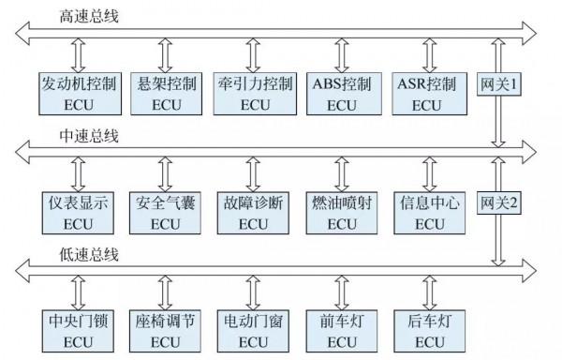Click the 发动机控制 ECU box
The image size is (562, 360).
click(x=80, y=92)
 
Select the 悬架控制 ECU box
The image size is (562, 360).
click(x=167, y=92)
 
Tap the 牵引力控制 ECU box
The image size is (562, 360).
click(x=253, y=92)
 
